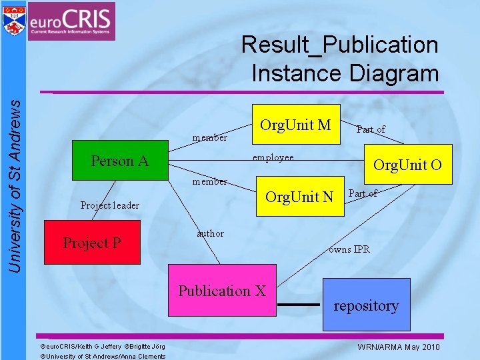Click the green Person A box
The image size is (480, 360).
tap(120, 161)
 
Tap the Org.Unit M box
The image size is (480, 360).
tap(295, 124)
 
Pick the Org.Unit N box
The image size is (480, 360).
tap(299, 197)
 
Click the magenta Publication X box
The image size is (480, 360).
tap(221, 290)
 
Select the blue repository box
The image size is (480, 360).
tap(366, 305)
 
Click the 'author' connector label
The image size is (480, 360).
tap(210, 233)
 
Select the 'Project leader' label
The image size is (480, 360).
tap(109, 205)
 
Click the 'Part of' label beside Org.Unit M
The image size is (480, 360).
tap(371, 129)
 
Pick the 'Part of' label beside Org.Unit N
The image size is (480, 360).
tap(363, 193)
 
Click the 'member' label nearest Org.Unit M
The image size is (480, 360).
tap(210, 138)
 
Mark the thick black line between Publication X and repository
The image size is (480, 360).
tap(297, 305)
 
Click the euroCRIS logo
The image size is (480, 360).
tap(72, 21)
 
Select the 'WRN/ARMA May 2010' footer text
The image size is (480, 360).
tap(399, 347)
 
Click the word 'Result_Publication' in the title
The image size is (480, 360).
tap(339, 45)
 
